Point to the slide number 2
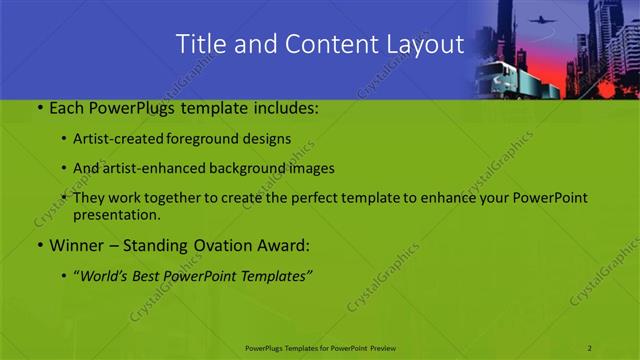point(590,347)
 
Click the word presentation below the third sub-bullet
point(118,214)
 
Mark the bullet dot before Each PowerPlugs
point(39,108)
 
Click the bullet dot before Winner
point(39,244)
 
